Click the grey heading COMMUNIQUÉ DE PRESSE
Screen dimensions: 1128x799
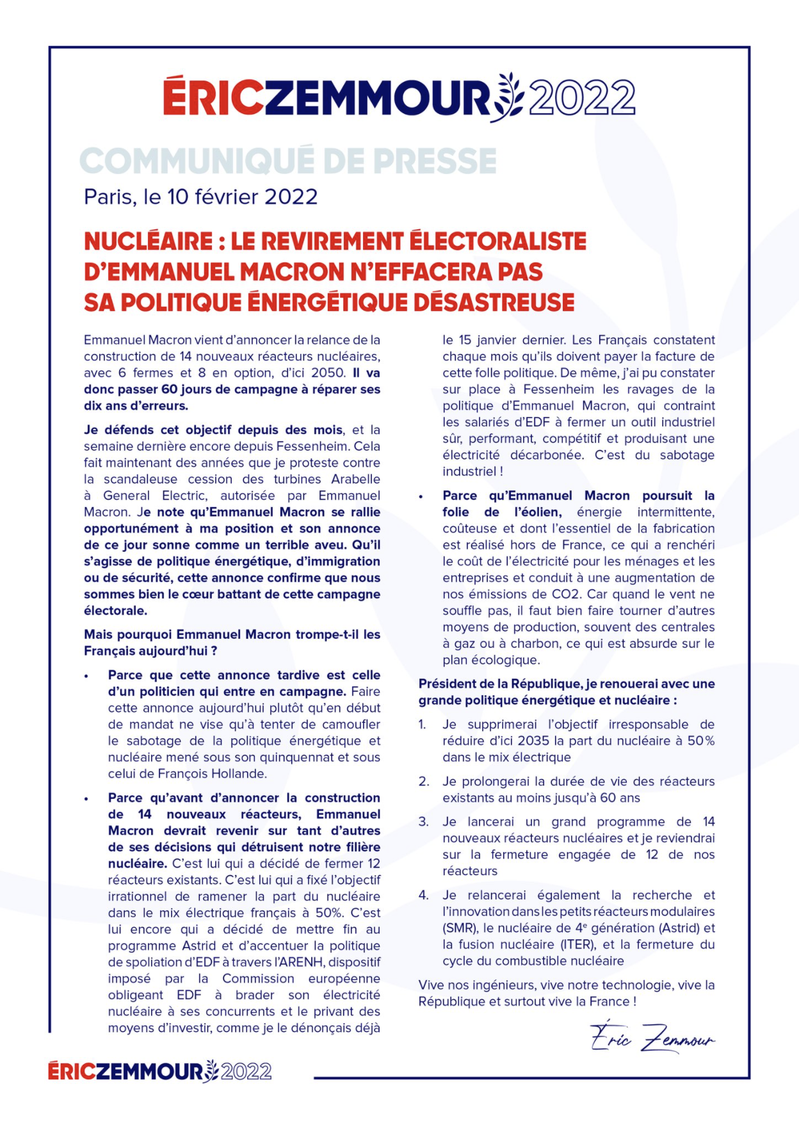pos(288,161)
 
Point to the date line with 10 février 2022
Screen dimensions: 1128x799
pos(200,197)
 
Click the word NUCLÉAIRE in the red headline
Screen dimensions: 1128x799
pos(148,241)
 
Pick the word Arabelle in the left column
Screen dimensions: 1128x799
pos(355,479)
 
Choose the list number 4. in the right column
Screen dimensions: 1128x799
pos(424,895)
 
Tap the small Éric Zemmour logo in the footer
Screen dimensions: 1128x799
pos(159,1071)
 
